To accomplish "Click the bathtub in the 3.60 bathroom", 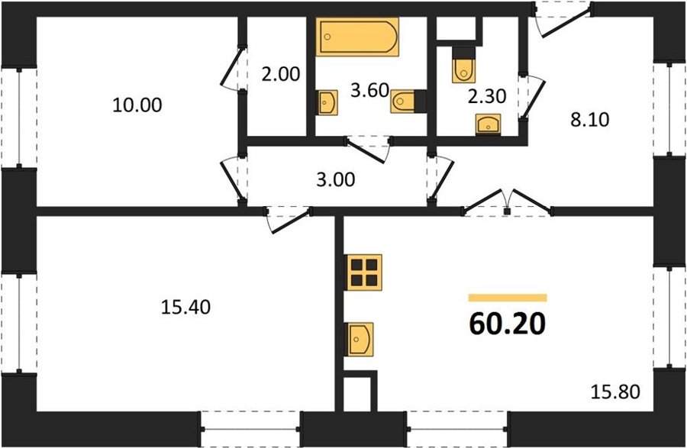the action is [x=357, y=37].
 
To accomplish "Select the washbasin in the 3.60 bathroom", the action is [x=327, y=102].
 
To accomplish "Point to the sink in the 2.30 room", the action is [x=488, y=124].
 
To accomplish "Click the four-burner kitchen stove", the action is [x=365, y=272].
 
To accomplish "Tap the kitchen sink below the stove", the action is [x=360, y=340].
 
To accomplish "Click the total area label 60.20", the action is [x=508, y=324].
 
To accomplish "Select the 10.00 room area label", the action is [x=137, y=105].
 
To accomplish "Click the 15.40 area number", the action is [x=185, y=307].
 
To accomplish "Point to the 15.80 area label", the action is [x=615, y=392].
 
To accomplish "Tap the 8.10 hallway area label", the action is [x=590, y=119].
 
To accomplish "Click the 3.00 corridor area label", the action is [x=336, y=179].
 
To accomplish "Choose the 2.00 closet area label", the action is [x=280, y=74].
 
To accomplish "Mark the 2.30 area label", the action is [x=487, y=96].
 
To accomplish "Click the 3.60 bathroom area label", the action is [x=370, y=91].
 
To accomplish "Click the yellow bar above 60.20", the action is [x=508, y=298].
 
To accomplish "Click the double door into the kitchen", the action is [x=508, y=203].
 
